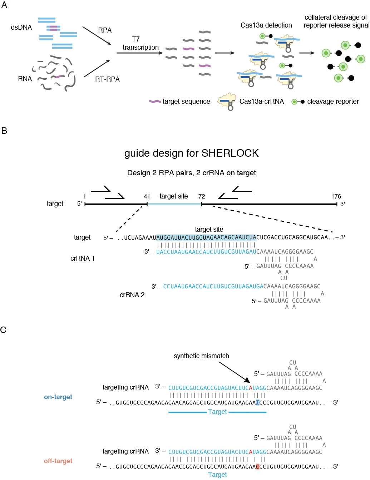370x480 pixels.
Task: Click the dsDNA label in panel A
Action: coord(21,28)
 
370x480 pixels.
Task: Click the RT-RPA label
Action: coord(107,79)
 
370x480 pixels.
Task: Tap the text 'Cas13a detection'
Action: coord(266,25)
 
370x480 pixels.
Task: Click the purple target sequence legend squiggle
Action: coord(155,102)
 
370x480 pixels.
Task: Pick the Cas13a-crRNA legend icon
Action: coord(227,102)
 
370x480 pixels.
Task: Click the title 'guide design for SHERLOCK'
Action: coord(191,153)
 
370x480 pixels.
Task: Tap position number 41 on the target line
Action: coord(147,196)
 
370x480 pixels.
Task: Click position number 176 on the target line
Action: coord(336,196)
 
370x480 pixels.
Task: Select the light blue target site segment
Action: coord(174,204)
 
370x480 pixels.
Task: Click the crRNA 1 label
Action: coord(83,258)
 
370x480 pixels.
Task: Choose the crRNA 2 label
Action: coord(132,295)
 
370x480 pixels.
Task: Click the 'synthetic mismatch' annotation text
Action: coord(201,356)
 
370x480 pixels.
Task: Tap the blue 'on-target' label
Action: coord(58,397)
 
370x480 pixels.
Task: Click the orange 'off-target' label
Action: coord(58,461)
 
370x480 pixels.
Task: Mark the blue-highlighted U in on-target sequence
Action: coord(257,402)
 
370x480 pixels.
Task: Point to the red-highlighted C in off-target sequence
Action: coord(257,466)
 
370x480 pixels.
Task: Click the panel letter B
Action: coord(4,131)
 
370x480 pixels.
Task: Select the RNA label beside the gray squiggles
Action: coord(25,79)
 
